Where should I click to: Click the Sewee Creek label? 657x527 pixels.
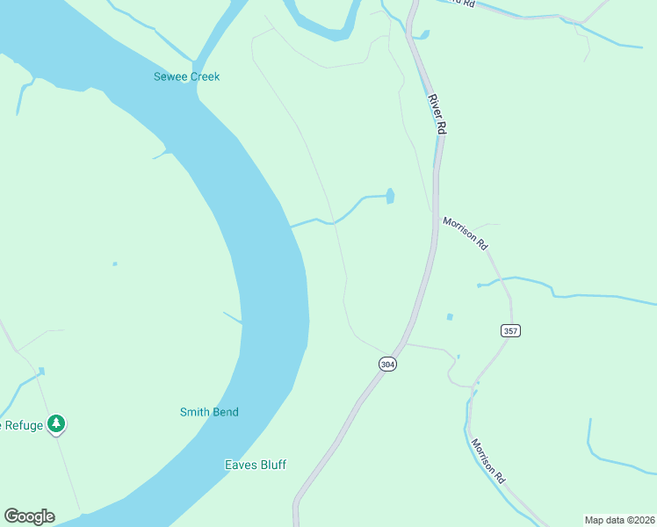pyautogui.click(x=186, y=76)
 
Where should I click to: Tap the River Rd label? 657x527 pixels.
pyautogui.click(x=438, y=113)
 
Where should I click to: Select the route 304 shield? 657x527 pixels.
pyautogui.click(x=387, y=363)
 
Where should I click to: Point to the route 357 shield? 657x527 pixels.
pyautogui.click(x=511, y=330)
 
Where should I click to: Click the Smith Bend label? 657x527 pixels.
pyautogui.click(x=209, y=412)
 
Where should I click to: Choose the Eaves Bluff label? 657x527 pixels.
pyautogui.click(x=256, y=465)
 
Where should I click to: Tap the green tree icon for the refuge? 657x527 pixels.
pyautogui.click(x=57, y=424)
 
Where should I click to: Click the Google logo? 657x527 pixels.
pyautogui.click(x=29, y=516)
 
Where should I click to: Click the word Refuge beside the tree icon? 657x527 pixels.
pyautogui.click(x=23, y=425)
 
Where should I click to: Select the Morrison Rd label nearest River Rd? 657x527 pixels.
pyautogui.click(x=465, y=235)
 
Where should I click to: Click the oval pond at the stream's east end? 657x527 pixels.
pyautogui.click(x=390, y=196)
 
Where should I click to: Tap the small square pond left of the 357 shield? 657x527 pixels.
pyautogui.click(x=451, y=316)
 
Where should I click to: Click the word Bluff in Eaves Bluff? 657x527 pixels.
pyautogui.click(x=271, y=465)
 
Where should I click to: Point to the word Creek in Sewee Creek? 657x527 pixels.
pyautogui.click(x=204, y=76)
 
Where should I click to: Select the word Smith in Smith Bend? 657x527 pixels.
pyautogui.click(x=195, y=412)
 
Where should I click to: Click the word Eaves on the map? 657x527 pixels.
pyautogui.click(x=239, y=465)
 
